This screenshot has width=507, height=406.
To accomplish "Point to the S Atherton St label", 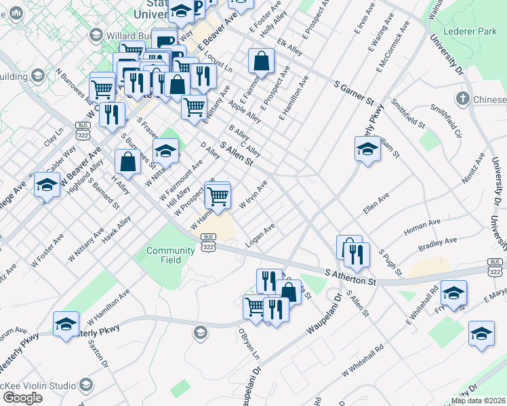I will (350, 276).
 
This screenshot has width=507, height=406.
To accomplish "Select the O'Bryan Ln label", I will (248, 344).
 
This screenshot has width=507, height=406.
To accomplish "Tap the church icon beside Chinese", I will (463, 99).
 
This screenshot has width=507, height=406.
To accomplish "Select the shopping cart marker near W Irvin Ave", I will (218, 197).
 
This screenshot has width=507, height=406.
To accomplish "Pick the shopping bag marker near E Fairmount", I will (261, 62).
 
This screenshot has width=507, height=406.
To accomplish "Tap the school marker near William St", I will (367, 150).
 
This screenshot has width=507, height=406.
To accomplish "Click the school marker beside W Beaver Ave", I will (47, 184).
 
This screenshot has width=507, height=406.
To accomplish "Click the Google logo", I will (22, 398).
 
